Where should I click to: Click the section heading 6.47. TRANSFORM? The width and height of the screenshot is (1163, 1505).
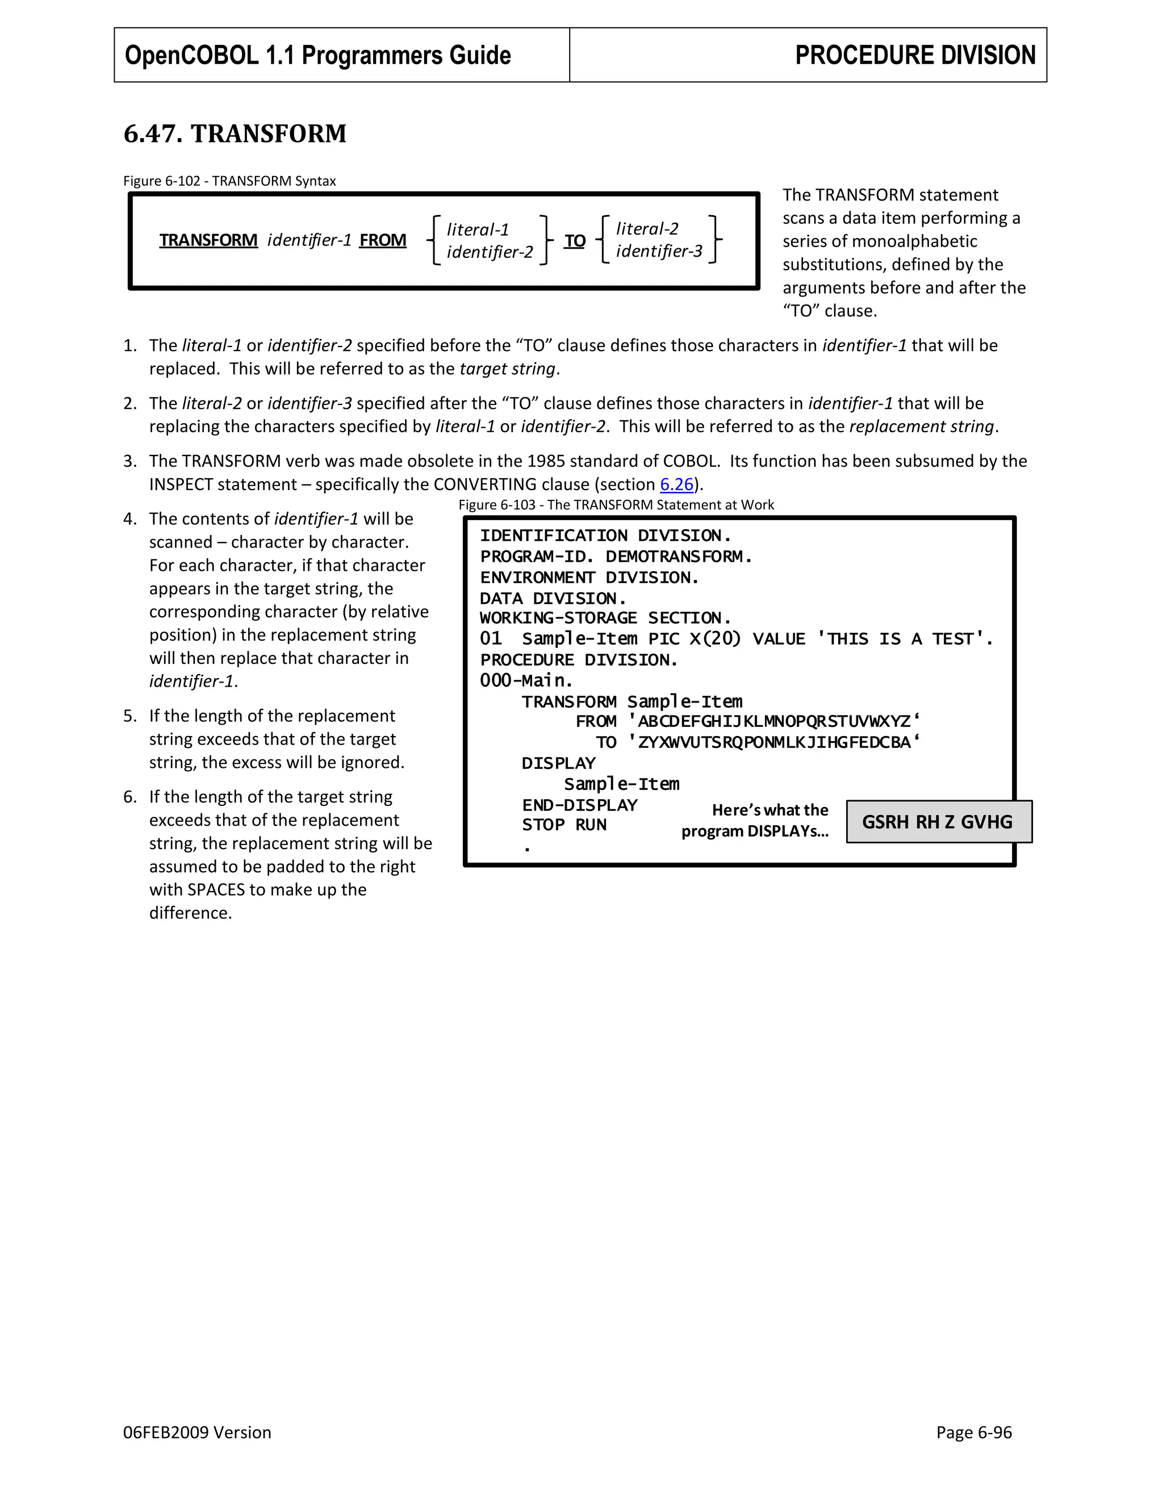[x=235, y=133]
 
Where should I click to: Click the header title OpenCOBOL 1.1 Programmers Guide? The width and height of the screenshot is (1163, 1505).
[x=317, y=55]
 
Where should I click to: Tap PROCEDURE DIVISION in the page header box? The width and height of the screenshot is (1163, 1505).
[x=914, y=55]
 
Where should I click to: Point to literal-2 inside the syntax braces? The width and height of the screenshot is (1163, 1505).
[x=647, y=229]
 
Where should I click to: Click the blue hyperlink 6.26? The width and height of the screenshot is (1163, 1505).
[x=676, y=484]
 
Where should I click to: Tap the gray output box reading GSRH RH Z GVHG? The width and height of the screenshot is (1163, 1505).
[x=938, y=821]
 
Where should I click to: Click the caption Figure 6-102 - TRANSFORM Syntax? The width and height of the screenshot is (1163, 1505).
[x=229, y=181]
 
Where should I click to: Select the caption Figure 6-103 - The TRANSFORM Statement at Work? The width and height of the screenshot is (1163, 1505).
[x=616, y=505]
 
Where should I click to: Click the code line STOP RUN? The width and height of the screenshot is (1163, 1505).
[x=563, y=825]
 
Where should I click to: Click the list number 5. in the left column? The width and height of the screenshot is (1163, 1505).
[x=130, y=716]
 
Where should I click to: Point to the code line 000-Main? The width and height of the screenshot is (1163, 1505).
[x=526, y=681]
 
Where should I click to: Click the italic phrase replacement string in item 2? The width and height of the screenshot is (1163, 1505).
[x=922, y=427]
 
